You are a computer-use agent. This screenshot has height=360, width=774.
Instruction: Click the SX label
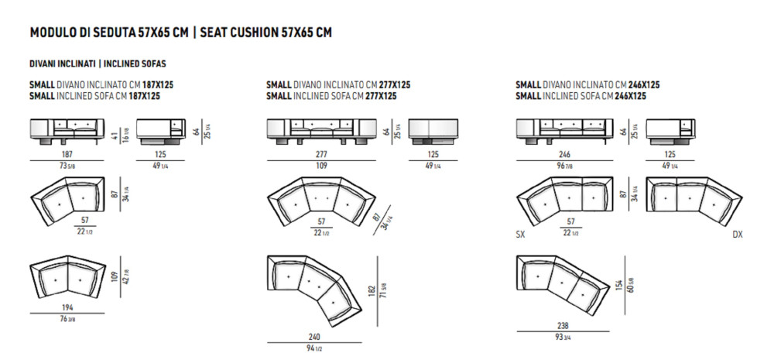pyautogui.click(x=521, y=234)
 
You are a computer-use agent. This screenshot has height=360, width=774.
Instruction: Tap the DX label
pyautogui.click(x=736, y=234)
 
